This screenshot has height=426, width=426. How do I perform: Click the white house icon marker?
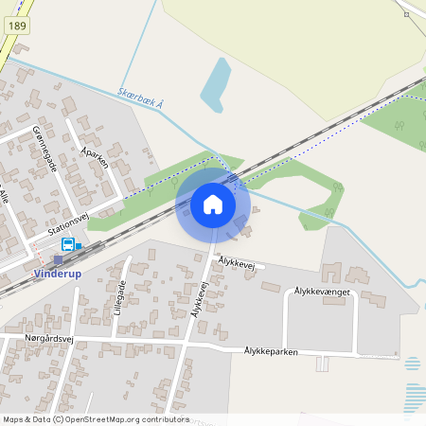tap(213, 204)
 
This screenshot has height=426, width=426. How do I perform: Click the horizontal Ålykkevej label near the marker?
tap(239, 261)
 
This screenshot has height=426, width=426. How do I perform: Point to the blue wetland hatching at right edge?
tap(414, 393)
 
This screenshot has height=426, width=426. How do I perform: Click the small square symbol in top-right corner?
tap(406, 14)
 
